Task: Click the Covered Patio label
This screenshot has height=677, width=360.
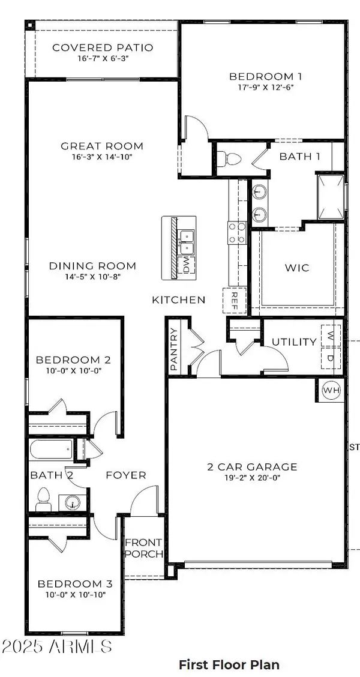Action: coord(103,47)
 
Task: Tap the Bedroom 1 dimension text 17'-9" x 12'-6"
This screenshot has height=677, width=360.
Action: coord(265,87)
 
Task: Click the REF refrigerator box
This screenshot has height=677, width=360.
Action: coord(234,301)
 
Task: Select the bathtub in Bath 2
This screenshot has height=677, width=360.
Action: coord(51,449)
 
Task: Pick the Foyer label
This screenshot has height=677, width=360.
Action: coord(126,475)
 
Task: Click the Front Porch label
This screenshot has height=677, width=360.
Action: coord(143,548)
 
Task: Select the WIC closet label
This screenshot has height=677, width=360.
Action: coord(297,268)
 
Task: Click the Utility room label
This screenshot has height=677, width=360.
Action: coord(294,342)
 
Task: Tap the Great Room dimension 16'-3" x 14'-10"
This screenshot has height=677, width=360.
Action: coord(102,157)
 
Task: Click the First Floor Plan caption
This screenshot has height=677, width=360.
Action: coord(229,664)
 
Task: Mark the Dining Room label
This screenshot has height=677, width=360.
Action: coord(92,266)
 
